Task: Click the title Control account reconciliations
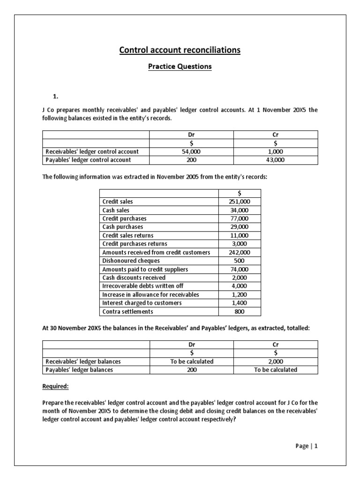(180, 50)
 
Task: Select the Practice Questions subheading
(180, 67)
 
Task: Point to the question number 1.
(55, 97)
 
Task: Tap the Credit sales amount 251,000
(240, 202)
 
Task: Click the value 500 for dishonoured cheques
(240, 261)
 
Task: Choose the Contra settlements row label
(127, 311)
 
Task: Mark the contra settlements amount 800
(240, 311)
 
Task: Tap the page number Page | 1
(307, 446)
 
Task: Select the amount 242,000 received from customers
(240, 252)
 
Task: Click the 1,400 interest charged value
(240, 303)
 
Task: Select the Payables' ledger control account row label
(88, 160)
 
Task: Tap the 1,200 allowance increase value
(240, 294)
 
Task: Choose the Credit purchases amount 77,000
(240, 218)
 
